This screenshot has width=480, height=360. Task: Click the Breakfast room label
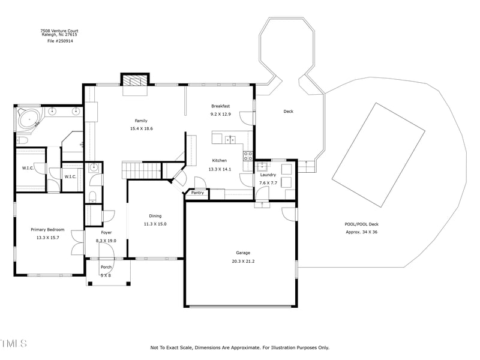(220, 106)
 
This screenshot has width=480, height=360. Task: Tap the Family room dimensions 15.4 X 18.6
(141, 128)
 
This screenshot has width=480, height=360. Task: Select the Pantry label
(197, 193)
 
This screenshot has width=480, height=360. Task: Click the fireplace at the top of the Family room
(135, 80)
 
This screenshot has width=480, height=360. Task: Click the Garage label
(243, 253)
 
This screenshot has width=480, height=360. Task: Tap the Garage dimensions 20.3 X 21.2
(243, 261)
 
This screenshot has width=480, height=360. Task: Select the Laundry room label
(268, 175)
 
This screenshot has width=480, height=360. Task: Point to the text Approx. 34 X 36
(362, 232)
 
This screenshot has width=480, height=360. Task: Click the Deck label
(289, 112)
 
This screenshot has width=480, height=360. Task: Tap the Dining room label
(155, 216)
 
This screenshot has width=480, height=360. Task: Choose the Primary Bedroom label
(47, 229)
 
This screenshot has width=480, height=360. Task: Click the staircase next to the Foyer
(142, 170)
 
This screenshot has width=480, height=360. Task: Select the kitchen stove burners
(248, 156)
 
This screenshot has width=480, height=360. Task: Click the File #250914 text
(61, 41)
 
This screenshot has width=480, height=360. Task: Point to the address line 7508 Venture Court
(59, 31)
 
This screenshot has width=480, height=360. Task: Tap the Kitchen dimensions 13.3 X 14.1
(220, 169)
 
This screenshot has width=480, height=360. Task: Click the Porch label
(106, 267)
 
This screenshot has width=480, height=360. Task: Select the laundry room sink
(262, 167)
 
